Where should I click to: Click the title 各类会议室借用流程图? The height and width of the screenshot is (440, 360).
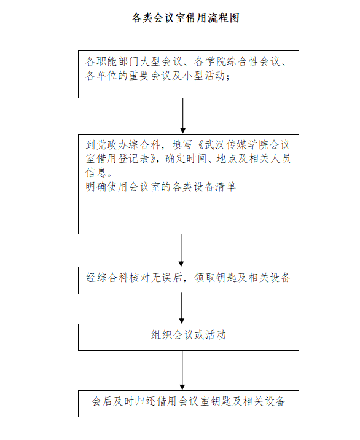click(x=186, y=18)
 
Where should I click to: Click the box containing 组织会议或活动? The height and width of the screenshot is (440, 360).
click(x=189, y=337)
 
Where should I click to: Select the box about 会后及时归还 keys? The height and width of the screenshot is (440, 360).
click(x=189, y=404)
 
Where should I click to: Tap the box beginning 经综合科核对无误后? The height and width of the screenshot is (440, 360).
click(x=189, y=280)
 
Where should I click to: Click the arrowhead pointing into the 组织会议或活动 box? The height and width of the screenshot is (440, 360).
click(x=182, y=321)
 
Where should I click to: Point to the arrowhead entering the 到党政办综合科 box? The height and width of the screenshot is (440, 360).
click(x=183, y=131)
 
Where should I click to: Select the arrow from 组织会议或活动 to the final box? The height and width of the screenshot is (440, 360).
click(x=182, y=371)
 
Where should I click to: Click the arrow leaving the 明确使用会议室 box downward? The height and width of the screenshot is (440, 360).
click(x=181, y=250)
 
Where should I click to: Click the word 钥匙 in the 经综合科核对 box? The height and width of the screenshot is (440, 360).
click(x=221, y=278)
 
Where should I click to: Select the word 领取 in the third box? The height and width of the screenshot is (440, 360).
click(x=205, y=278)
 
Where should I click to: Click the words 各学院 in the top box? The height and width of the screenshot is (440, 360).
click(x=210, y=61)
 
